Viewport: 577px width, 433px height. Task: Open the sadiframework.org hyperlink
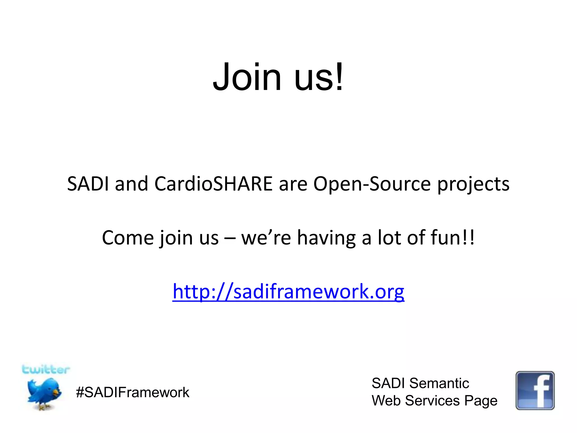point(288,292)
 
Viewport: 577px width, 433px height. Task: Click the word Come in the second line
point(128,238)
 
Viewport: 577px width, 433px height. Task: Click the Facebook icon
point(535,390)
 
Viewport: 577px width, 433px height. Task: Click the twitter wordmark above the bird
point(46,369)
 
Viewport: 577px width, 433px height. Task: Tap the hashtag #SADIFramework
point(132,392)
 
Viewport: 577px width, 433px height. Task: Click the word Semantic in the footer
point(439,383)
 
